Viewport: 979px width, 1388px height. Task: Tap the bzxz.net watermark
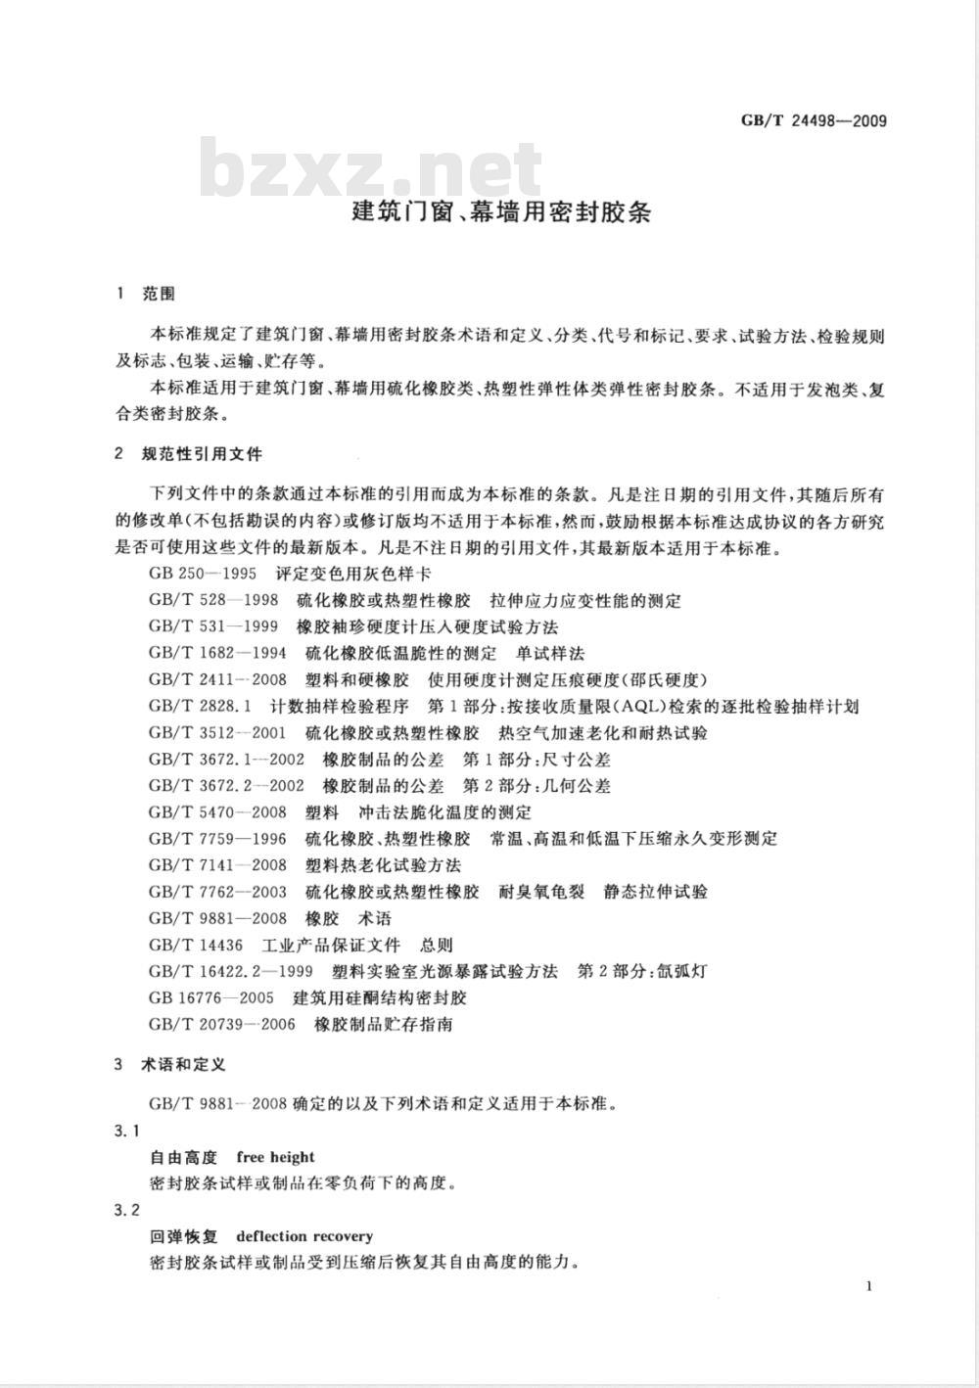click(x=372, y=169)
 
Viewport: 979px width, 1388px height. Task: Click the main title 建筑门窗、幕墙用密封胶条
click(x=500, y=212)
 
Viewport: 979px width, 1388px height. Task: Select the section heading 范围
click(x=158, y=294)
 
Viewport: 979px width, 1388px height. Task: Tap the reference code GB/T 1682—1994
click(x=217, y=653)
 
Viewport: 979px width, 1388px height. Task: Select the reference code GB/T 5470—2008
click(x=217, y=811)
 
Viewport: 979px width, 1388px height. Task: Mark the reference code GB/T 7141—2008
click(x=217, y=864)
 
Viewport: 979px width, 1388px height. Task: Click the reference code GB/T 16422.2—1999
click(x=231, y=971)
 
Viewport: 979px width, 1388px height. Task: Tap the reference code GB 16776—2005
click(x=211, y=997)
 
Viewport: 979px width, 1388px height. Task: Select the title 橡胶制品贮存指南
click(x=384, y=1024)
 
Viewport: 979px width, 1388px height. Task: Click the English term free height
click(x=276, y=1157)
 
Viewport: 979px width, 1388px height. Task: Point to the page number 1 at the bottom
click(x=868, y=1286)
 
